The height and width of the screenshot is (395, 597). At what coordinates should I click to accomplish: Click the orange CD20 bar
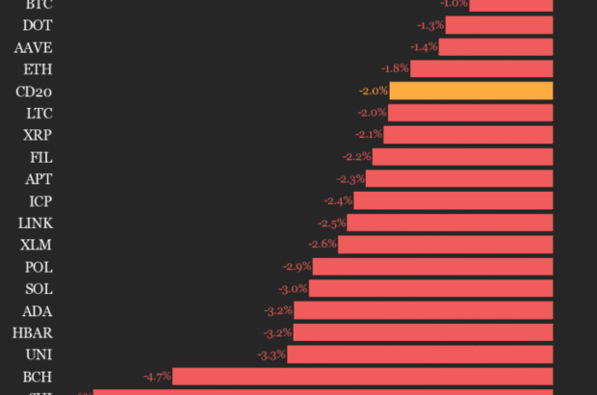coord(471,92)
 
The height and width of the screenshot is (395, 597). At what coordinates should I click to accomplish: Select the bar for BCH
coord(363,376)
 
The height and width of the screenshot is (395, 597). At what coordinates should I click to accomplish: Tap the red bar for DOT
coord(500,25)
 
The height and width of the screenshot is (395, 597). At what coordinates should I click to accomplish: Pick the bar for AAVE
coord(496,47)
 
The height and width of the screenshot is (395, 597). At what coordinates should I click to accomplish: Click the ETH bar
coord(481,69)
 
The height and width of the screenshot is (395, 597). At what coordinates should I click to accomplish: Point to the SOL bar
coord(430,288)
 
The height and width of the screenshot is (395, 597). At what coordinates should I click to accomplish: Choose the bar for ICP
coord(454,200)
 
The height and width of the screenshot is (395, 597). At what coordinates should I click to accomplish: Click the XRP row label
coord(39,135)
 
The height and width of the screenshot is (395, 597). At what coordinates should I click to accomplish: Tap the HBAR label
coord(33,332)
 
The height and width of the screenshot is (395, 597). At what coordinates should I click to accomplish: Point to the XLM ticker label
coord(37,245)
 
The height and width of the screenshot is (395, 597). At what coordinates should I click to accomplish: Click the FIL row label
coord(40,157)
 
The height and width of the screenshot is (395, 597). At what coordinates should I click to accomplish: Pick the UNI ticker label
coord(39,355)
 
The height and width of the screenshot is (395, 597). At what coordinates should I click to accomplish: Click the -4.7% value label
coord(157,376)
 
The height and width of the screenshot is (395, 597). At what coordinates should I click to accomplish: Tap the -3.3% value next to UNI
coord(273,355)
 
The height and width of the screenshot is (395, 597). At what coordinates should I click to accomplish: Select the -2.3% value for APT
coord(350,179)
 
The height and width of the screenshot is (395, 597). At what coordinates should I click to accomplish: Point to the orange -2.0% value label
coord(374,92)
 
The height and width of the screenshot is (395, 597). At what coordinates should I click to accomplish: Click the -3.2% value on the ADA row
coord(278,310)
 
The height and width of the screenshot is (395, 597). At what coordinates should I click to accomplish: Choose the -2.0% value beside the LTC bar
coord(372,114)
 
